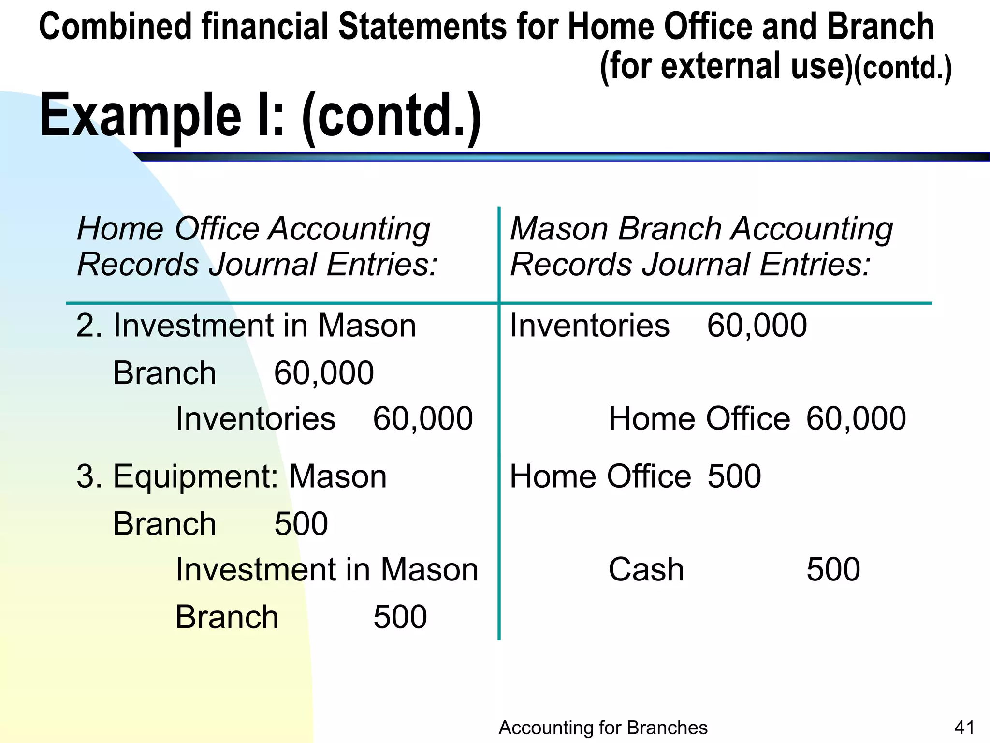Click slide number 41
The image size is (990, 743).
[x=964, y=728]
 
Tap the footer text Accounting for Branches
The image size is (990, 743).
[x=603, y=728]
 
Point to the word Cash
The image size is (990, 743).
[x=646, y=569]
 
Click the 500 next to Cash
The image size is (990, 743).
[x=833, y=569]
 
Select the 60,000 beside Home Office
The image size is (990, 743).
[x=856, y=418]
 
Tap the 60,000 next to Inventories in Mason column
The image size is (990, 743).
[x=757, y=326]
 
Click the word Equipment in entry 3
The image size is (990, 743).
[x=195, y=476]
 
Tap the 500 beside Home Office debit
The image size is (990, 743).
[x=734, y=476]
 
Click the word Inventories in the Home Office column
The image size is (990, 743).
[x=255, y=418]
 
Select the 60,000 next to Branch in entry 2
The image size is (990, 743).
[x=324, y=373]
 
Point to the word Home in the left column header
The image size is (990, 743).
[x=120, y=228]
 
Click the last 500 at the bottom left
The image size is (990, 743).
[x=400, y=617]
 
